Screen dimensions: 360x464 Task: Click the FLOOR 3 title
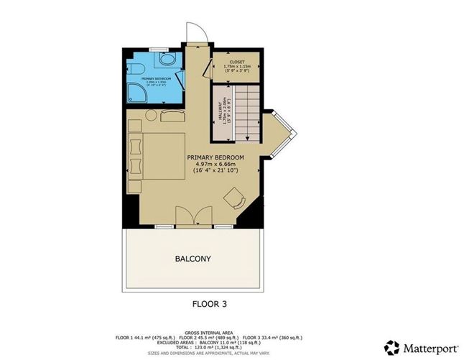[x=213, y=304]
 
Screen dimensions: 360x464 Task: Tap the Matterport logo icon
[x=391, y=346]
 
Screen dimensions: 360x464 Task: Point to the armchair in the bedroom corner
[x=234, y=198]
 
